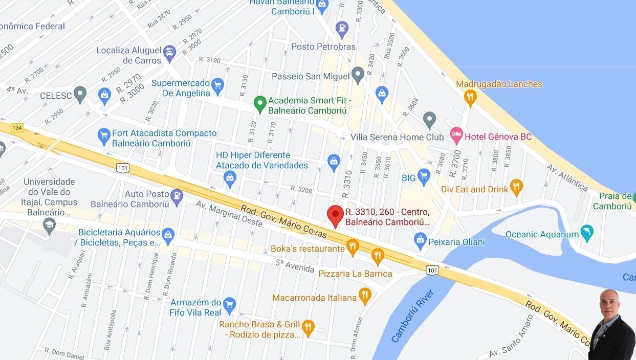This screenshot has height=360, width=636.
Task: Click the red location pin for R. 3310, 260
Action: [335, 215]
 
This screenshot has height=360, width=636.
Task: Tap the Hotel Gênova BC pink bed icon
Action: [456, 136]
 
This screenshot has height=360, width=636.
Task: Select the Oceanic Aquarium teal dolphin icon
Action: [587, 233]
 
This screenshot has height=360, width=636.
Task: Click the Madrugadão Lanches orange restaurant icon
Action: [470, 97]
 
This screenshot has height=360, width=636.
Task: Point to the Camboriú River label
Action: [412, 316]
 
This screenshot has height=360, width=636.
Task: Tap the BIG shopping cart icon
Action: [424, 177]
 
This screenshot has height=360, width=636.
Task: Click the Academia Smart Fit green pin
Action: [260, 104]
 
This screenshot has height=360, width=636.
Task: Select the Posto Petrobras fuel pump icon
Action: [342, 29]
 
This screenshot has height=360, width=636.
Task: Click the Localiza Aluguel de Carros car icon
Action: [169, 53]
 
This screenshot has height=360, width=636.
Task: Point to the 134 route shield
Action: [17, 127]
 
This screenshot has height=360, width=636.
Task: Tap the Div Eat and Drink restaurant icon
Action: [516, 188]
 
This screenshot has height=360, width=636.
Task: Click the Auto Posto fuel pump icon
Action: [177, 196]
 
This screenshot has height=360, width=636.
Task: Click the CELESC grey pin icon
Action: [80, 94]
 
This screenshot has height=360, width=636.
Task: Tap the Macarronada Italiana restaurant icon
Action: [364, 295]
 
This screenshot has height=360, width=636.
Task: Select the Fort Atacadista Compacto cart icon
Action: [104, 136]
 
